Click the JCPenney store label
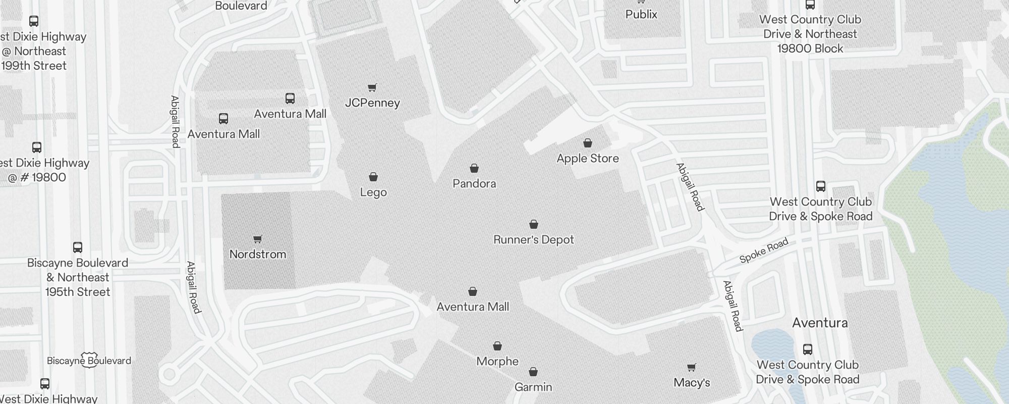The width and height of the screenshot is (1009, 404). click(372, 103)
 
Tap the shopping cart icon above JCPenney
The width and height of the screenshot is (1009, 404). click(372, 88)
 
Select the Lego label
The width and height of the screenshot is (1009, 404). click(373, 192)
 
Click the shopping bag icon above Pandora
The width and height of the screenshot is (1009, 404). click(474, 168)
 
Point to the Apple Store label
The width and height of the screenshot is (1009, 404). click(588, 159)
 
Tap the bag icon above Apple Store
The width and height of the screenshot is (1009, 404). click(588, 143)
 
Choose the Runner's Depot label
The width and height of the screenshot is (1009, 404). click(534, 240)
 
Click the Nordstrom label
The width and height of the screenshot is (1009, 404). click(258, 254)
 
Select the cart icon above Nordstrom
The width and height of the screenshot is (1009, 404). click(258, 239)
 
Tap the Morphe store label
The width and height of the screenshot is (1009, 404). click(497, 362)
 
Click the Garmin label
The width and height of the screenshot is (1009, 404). click(533, 387)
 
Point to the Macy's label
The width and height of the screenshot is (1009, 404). click(692, 383)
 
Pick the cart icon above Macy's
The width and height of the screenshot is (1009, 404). click(692, 367)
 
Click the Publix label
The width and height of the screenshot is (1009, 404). click(641, 15)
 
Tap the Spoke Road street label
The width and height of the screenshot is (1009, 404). click(763, 251)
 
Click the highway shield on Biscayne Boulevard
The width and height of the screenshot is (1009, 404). click(89, 360)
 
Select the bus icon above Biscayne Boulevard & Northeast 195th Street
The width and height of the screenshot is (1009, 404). click(78, 247)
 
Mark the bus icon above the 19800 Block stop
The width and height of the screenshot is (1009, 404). click(810, 5)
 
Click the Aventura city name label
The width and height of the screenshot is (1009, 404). click(820, 323)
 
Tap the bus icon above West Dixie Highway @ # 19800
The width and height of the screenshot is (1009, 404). click(37, 147)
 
